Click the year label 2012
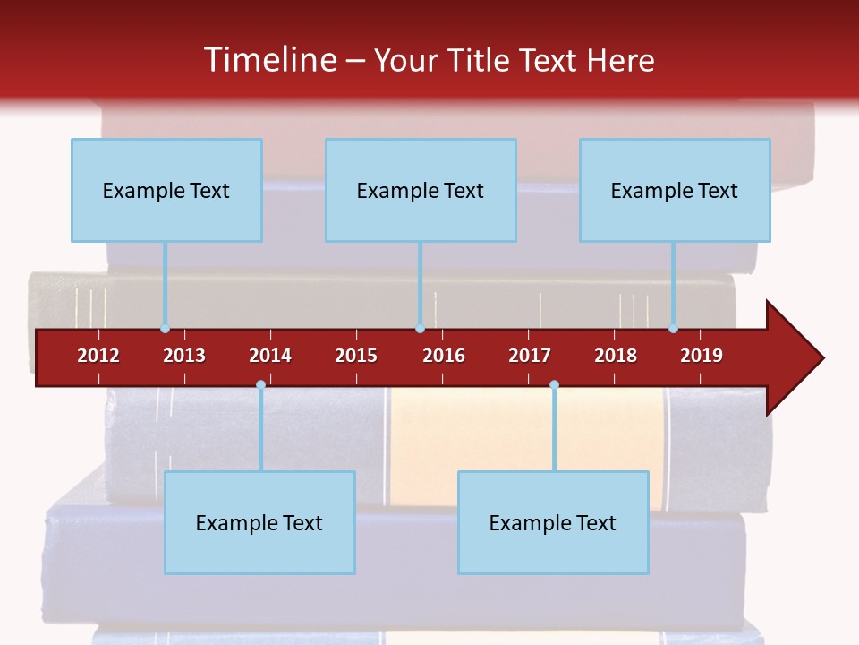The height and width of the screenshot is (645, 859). click(x=98, y=356)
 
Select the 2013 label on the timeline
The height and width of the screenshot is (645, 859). click(x=184, y=356)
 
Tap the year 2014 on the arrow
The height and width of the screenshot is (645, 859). click(x=270, y=356)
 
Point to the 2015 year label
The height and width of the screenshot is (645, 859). click(x=356, y=356)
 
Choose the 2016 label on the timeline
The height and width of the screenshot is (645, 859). click(x=444, y=356)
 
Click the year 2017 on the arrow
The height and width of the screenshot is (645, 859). click(x=530, y=356)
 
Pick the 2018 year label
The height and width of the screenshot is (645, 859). click(x=616, y=356)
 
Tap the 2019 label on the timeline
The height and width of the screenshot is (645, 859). click(x=702, y=356)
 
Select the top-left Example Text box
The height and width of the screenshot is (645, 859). click(x=166, y=190)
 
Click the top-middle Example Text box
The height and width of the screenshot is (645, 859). click(x=421, y=190)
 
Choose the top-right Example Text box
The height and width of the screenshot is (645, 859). click(x=675, y=190)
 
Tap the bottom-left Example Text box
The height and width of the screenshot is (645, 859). click(x=259, y=522)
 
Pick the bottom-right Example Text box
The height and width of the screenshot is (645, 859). click(x=553, y=522)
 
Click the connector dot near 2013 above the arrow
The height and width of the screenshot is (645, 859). click(x=165, y=329)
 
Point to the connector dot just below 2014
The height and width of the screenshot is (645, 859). click(x=260, y=385)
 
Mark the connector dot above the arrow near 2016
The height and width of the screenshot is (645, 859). click(x=420, y=329)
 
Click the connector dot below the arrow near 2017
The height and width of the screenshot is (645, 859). click(x=554, y=385)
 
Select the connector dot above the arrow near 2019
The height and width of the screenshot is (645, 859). click(x=673, y=329)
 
